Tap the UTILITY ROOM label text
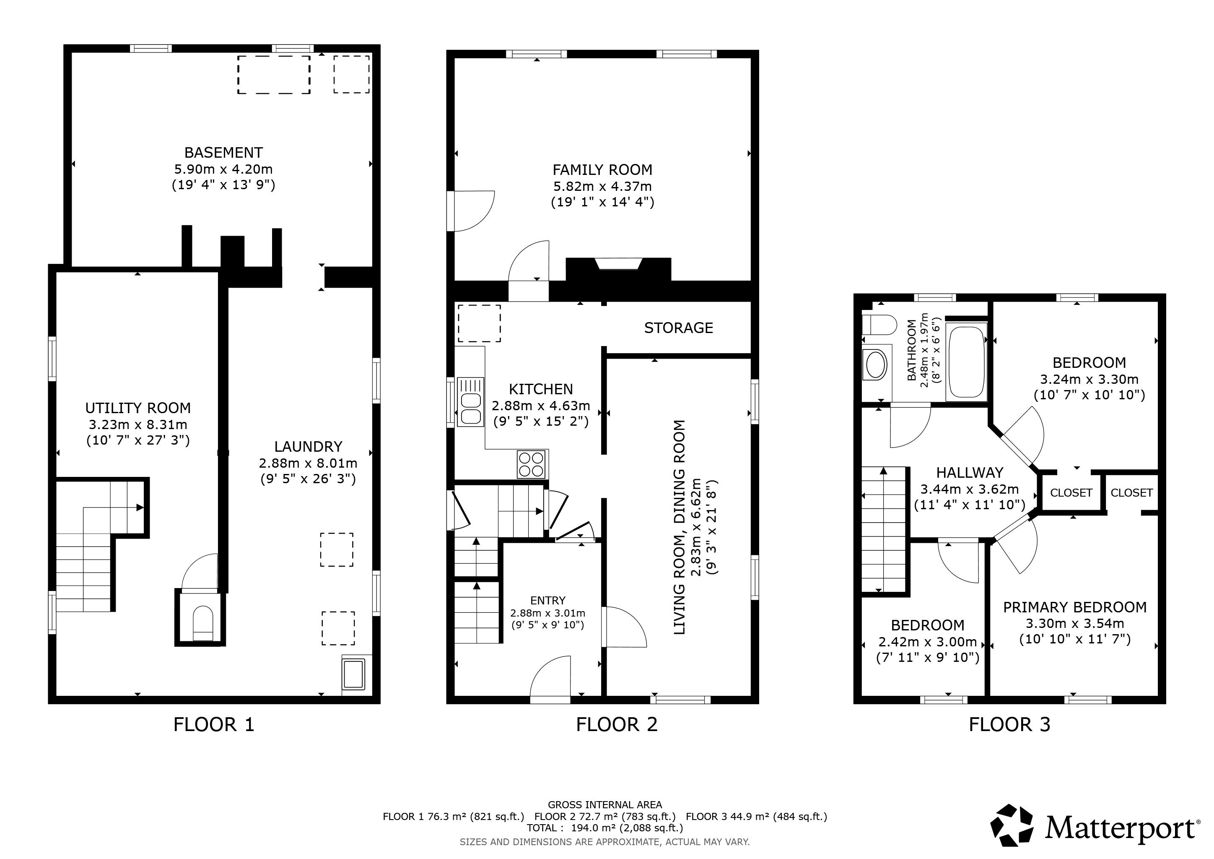(138, 409)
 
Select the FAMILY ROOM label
(602, 170)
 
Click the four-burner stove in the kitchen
(532, 464)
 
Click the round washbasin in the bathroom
(874, 364)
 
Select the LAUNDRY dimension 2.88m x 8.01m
(308, 463)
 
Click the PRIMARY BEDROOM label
(1075, 607)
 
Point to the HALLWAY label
(970, 472)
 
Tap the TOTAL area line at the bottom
(605, 828)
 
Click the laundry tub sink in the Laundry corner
(354, 673)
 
